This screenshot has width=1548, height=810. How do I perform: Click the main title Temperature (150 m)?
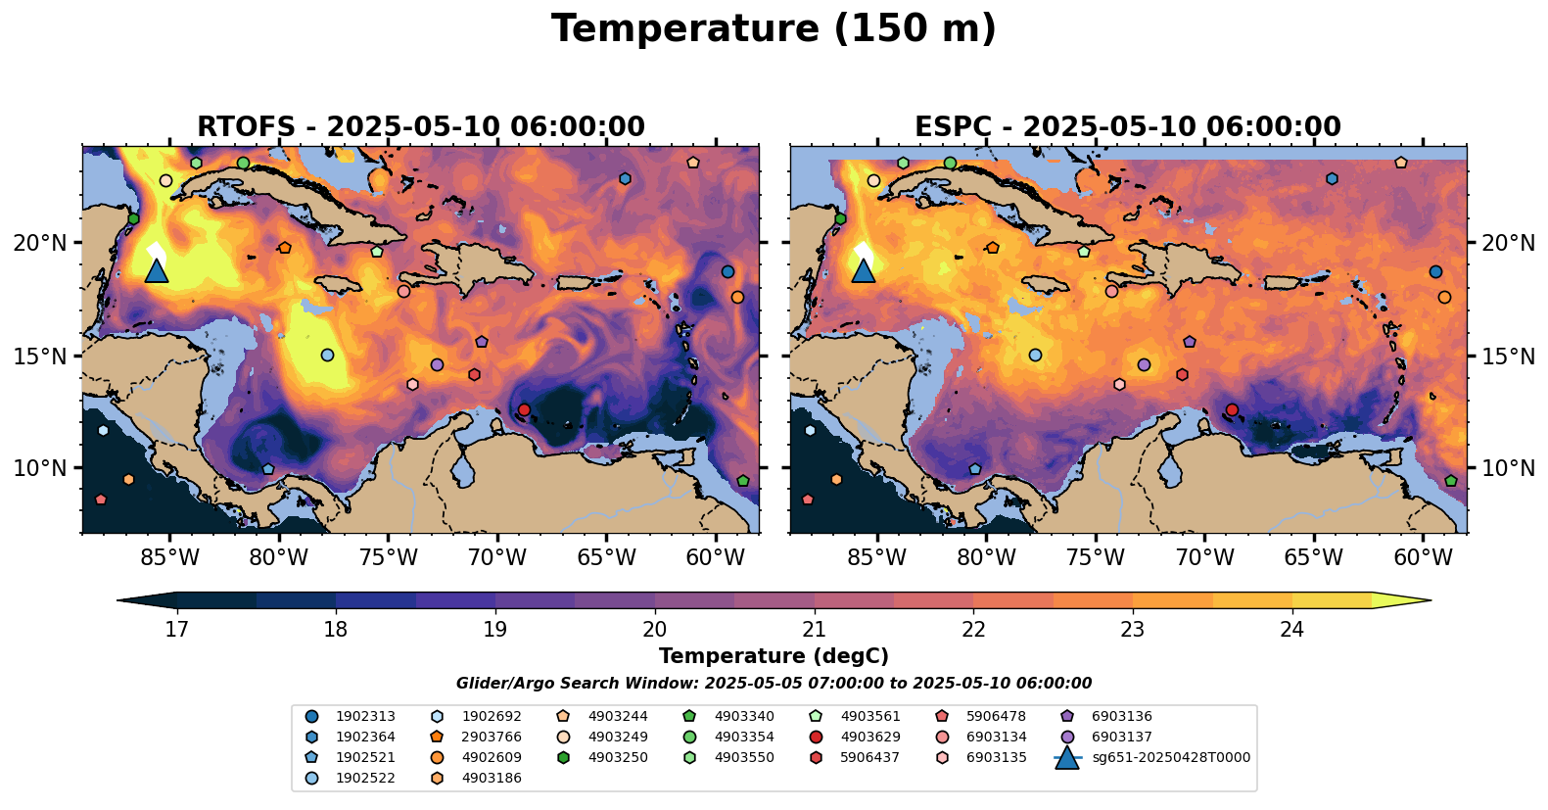click(774, 29)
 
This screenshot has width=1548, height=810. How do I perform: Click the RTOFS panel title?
click(421, 127)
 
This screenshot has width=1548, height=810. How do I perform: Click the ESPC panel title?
click(1127, 127)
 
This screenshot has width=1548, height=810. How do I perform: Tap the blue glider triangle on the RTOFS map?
click(157, 271)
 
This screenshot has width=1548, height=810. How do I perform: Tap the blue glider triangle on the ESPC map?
click(863, 271)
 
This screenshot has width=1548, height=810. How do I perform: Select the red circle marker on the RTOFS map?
click(524, 409)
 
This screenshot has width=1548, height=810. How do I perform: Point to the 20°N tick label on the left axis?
click(40, 243)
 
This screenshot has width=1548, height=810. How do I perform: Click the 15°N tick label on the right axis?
click(1508, 357)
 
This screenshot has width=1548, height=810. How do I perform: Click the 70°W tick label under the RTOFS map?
click(497, 558)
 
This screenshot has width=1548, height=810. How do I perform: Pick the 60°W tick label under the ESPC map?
click(1423, 558)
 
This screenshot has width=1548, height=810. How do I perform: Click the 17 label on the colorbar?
click(176, 629)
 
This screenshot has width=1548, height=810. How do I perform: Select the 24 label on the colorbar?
click(1291, 629)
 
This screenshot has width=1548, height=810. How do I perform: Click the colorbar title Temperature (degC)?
click(774, 656)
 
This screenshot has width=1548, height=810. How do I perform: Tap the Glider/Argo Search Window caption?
click(774, 684)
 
